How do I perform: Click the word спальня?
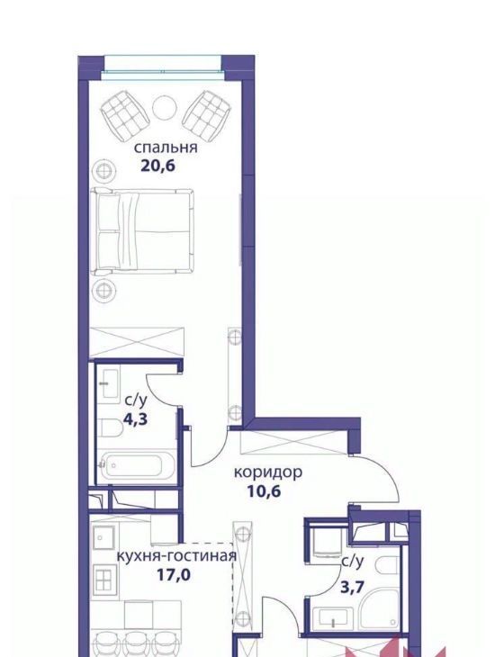point(166,148)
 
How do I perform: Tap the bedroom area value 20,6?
point(157,166)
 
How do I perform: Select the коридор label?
point(268,472)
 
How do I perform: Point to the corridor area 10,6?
point(264,490)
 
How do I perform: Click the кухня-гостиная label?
point(176,556)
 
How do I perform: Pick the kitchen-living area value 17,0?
point(174,575)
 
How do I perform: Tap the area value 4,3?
point(135,419)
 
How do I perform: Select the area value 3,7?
point(352,588)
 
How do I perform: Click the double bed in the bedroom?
point(143,231)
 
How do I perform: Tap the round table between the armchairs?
point(164,108)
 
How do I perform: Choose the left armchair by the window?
point(125,116)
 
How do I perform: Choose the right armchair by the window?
point(206,116)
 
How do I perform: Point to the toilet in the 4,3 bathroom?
point(110,428)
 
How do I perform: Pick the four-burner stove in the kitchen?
point(103,579)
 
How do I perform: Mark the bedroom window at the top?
point(163,67)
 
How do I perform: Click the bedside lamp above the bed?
point(104,170)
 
